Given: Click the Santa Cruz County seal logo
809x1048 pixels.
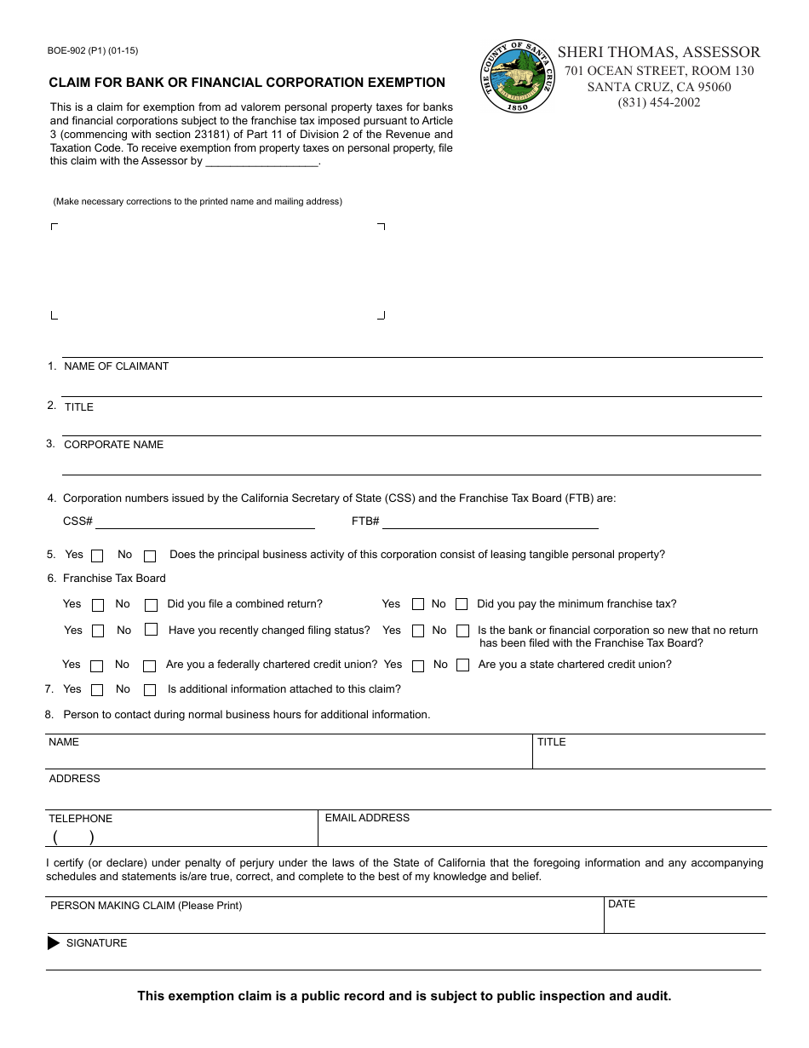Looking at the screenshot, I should [x=518, y=78].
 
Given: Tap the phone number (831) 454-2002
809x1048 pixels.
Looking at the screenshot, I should [x=658, y=102].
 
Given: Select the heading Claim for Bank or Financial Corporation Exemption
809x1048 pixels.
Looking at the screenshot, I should [x=247, y=83].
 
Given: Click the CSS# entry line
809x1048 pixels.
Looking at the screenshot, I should [x=204, y=521].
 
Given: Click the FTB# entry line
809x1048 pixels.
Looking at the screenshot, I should [x=490, y=521].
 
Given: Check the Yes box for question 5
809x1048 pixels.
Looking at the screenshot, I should [x=97, y=556].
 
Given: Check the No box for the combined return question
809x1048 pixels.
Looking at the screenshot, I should [x=152, y=606].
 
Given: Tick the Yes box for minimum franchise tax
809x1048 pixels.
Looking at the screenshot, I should [x=418, y=604].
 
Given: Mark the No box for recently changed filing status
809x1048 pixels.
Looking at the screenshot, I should [x=152, y=631].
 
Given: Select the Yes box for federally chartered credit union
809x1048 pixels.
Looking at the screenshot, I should [x=96, y=666].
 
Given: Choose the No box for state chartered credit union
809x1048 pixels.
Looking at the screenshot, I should [x=462, y=665].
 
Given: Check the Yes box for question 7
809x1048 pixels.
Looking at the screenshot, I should [x=96, y=690].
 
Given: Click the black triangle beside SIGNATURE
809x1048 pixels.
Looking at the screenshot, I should [x=54, y=943].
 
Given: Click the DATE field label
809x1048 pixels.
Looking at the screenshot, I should [x=622, y=904].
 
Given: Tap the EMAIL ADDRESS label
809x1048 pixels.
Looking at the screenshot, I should [x=367, y=818].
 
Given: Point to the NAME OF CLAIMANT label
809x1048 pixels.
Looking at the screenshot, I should [x=117, y=366].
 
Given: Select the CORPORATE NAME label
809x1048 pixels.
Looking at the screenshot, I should [x=114, y=445].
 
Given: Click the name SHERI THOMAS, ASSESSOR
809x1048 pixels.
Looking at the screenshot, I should [x=658, y=52].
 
